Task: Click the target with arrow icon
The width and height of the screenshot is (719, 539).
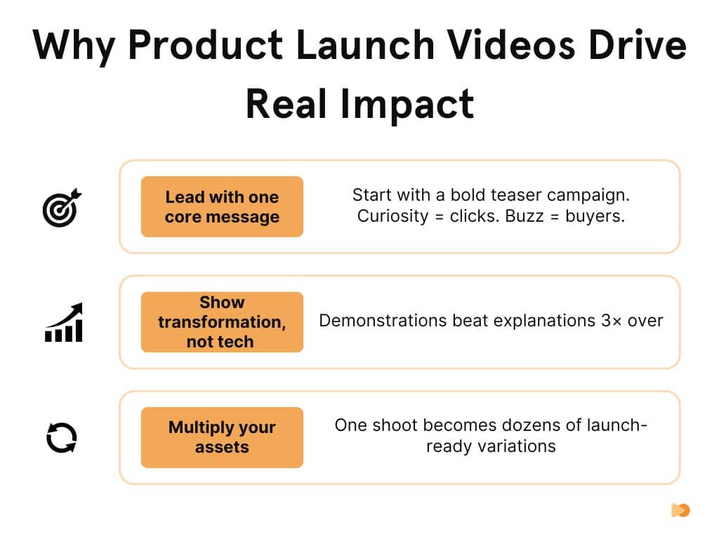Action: pyautogui.click(x=62, y=208)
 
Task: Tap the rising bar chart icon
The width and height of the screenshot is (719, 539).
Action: pyautogui.click(x=63, y=323)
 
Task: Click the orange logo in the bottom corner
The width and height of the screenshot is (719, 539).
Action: pyautogui.click(x=680, y=510)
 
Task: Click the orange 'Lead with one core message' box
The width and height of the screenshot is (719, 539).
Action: pyautogui.click(x=222, y=207)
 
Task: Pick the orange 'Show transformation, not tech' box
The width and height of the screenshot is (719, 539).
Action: pyautogui.click(x=222, y=322)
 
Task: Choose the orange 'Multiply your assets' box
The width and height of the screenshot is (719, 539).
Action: pyautogui.click(x=222, y=437)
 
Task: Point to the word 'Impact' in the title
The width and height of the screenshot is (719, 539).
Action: pyautogui.click(x=408, y=104)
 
